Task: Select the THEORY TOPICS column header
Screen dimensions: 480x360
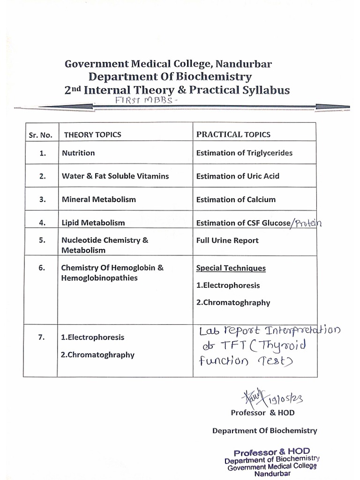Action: pos(92,135)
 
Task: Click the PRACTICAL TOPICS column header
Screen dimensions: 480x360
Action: pos(233,135)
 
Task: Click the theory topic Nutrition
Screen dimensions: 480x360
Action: pos(78,153)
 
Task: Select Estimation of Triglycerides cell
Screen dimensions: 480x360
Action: pos(244,153)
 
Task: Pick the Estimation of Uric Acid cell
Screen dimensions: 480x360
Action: pos(238,176)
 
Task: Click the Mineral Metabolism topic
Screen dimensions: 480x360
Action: pos(98,199)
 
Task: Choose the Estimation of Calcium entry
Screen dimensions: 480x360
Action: pos(236,199)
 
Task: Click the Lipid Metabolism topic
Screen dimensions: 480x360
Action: pos(93,223)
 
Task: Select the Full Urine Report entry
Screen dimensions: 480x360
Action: pos(227,240)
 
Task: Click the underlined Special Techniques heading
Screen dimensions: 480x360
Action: pos(231,268)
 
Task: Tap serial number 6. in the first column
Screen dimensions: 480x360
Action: pos(42,268)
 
